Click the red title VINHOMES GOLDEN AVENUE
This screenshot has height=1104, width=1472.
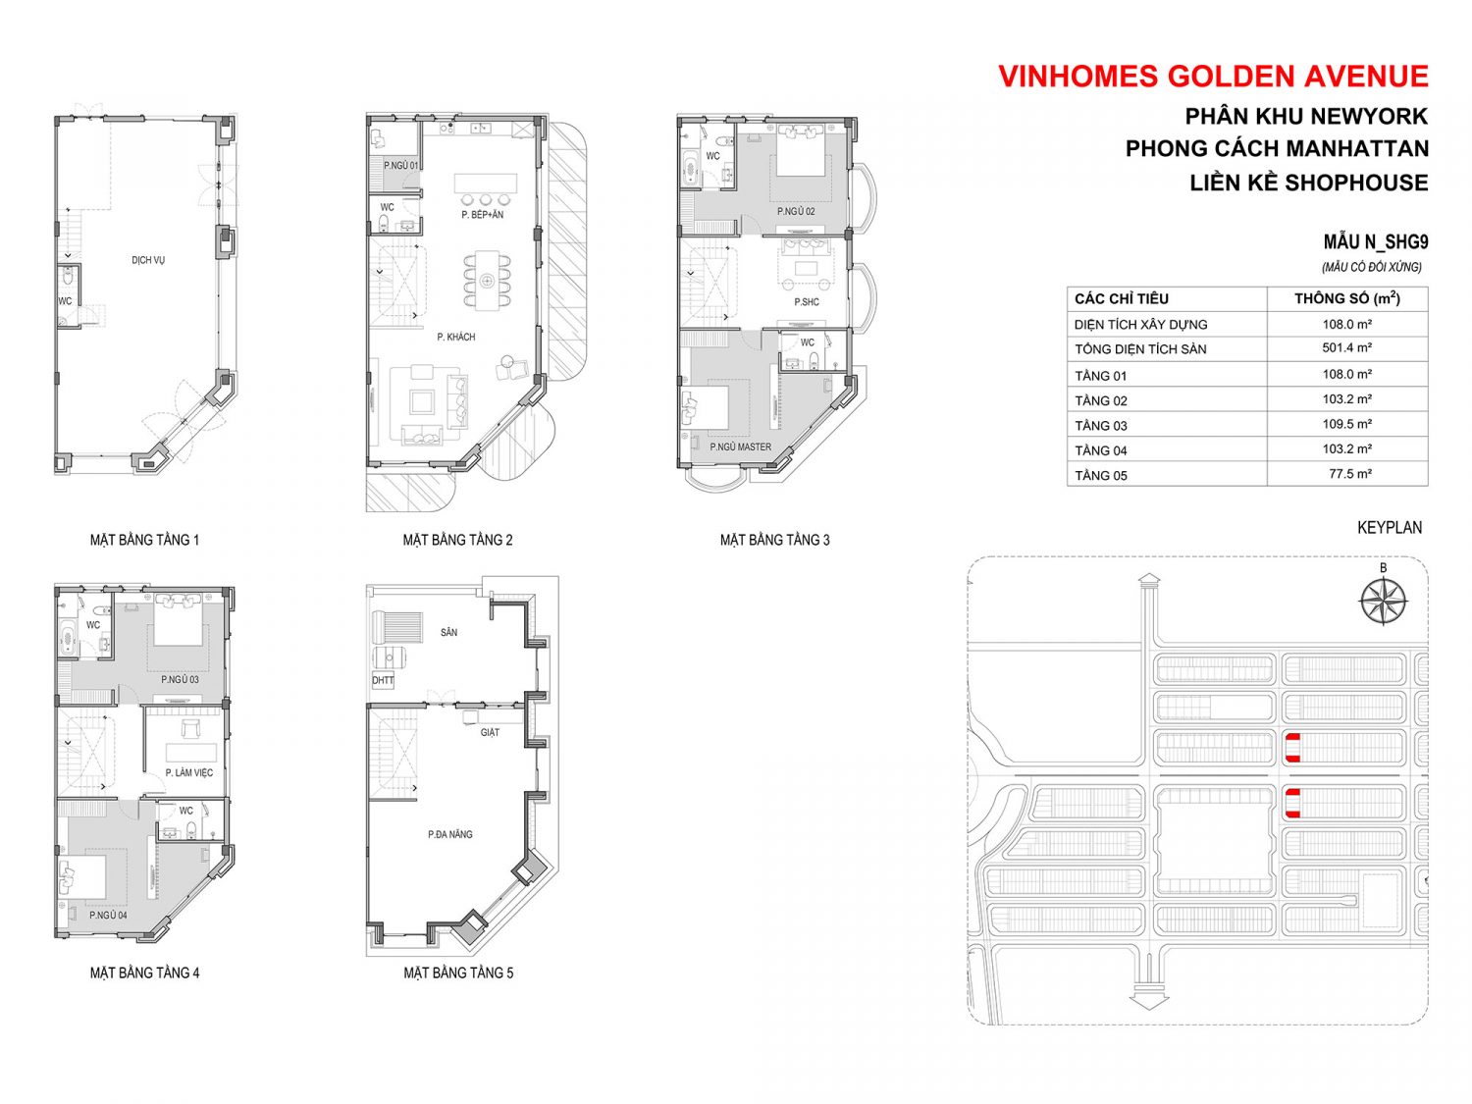tap(1213, 77)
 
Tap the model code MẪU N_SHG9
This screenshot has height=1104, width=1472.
tap(1376, 242)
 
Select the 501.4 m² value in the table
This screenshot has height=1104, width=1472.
tap(1346, 348)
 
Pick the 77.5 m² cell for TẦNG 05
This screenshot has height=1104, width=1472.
tap(1350, 474)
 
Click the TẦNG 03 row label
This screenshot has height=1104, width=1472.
tap(1100, 426)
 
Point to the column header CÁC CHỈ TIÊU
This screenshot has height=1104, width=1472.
tap(1121, 299)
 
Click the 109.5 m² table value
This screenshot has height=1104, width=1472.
tap(1346, 424)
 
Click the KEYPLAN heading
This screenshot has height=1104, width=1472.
tap(1390, 528)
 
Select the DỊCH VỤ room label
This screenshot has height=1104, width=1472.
tap(148, 260)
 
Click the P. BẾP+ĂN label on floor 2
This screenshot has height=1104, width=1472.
tap(482, 215)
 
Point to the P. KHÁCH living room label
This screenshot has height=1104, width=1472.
tap(456, 337)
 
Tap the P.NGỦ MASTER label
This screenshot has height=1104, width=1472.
tap(740, 447)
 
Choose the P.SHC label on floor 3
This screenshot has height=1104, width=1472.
tap(806, 301)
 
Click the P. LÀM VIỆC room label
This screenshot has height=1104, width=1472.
tap(189, 772)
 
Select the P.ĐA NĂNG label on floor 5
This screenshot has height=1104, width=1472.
tap(450, 834)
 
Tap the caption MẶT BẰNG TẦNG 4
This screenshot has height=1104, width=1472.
tap(145, 973)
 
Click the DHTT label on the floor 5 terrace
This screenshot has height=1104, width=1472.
tap(383, 680)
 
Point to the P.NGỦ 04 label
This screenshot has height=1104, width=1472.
tap(108, 915)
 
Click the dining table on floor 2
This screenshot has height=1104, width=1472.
tap(487, 281)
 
